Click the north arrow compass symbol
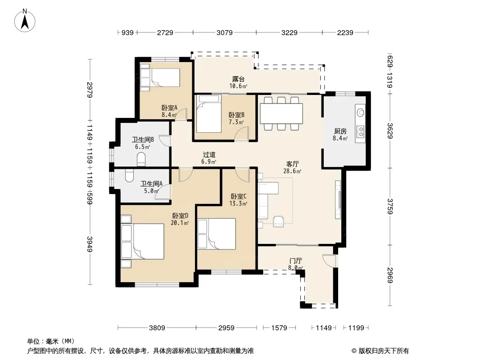(25, 21)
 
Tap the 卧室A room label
(169, 108)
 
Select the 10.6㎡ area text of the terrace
(238, 86)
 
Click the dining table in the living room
(281, 113)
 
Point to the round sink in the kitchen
(361, 112)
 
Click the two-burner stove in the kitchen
(361, 131)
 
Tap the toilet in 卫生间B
(141, 159)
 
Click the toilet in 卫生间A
(130, 175)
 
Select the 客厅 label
(292, 164)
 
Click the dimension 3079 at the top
(224, 32)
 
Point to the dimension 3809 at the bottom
(157, 328)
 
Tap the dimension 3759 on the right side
(389, 206)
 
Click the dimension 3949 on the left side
(90, 244)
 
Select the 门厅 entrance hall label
(295, 261)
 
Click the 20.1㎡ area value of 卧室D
(180, 223)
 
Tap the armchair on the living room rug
(278, 221)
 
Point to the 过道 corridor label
(209, 155)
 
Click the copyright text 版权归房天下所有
(384, 351)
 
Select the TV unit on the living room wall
(338, 199)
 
